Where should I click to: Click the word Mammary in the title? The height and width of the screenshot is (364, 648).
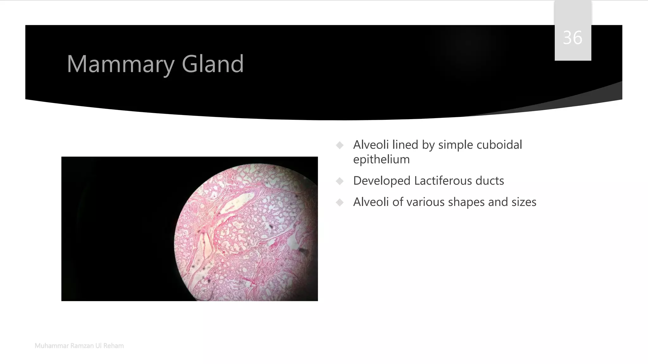pos(121,64)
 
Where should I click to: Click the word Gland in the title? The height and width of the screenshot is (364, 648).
pos(213,64)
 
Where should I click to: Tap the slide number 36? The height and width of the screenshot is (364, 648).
pos(572,38)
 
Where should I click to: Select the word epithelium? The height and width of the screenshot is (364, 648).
pos(381,159)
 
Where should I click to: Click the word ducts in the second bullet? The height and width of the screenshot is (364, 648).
pos(490,181)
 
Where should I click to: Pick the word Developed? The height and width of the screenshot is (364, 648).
pos(382,181)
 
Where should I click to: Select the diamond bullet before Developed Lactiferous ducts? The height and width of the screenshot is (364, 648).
pos(340,181)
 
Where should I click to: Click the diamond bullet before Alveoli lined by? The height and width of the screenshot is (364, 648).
pos(340,145)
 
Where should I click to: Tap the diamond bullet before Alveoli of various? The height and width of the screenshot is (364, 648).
pos(340,202)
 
